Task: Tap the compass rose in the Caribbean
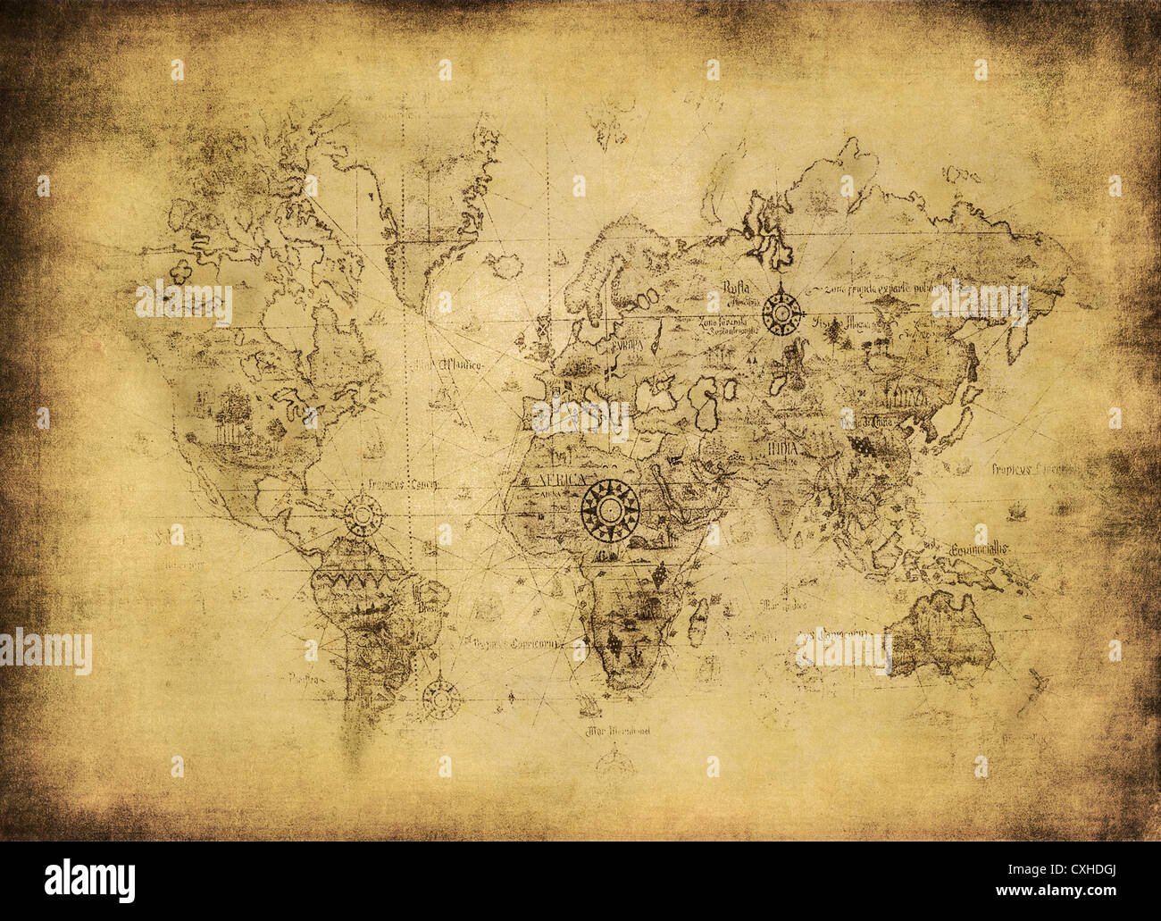[x=363, y=515]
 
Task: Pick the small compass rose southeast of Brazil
[x=438, y=692]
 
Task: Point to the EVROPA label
[x=631, y=344]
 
